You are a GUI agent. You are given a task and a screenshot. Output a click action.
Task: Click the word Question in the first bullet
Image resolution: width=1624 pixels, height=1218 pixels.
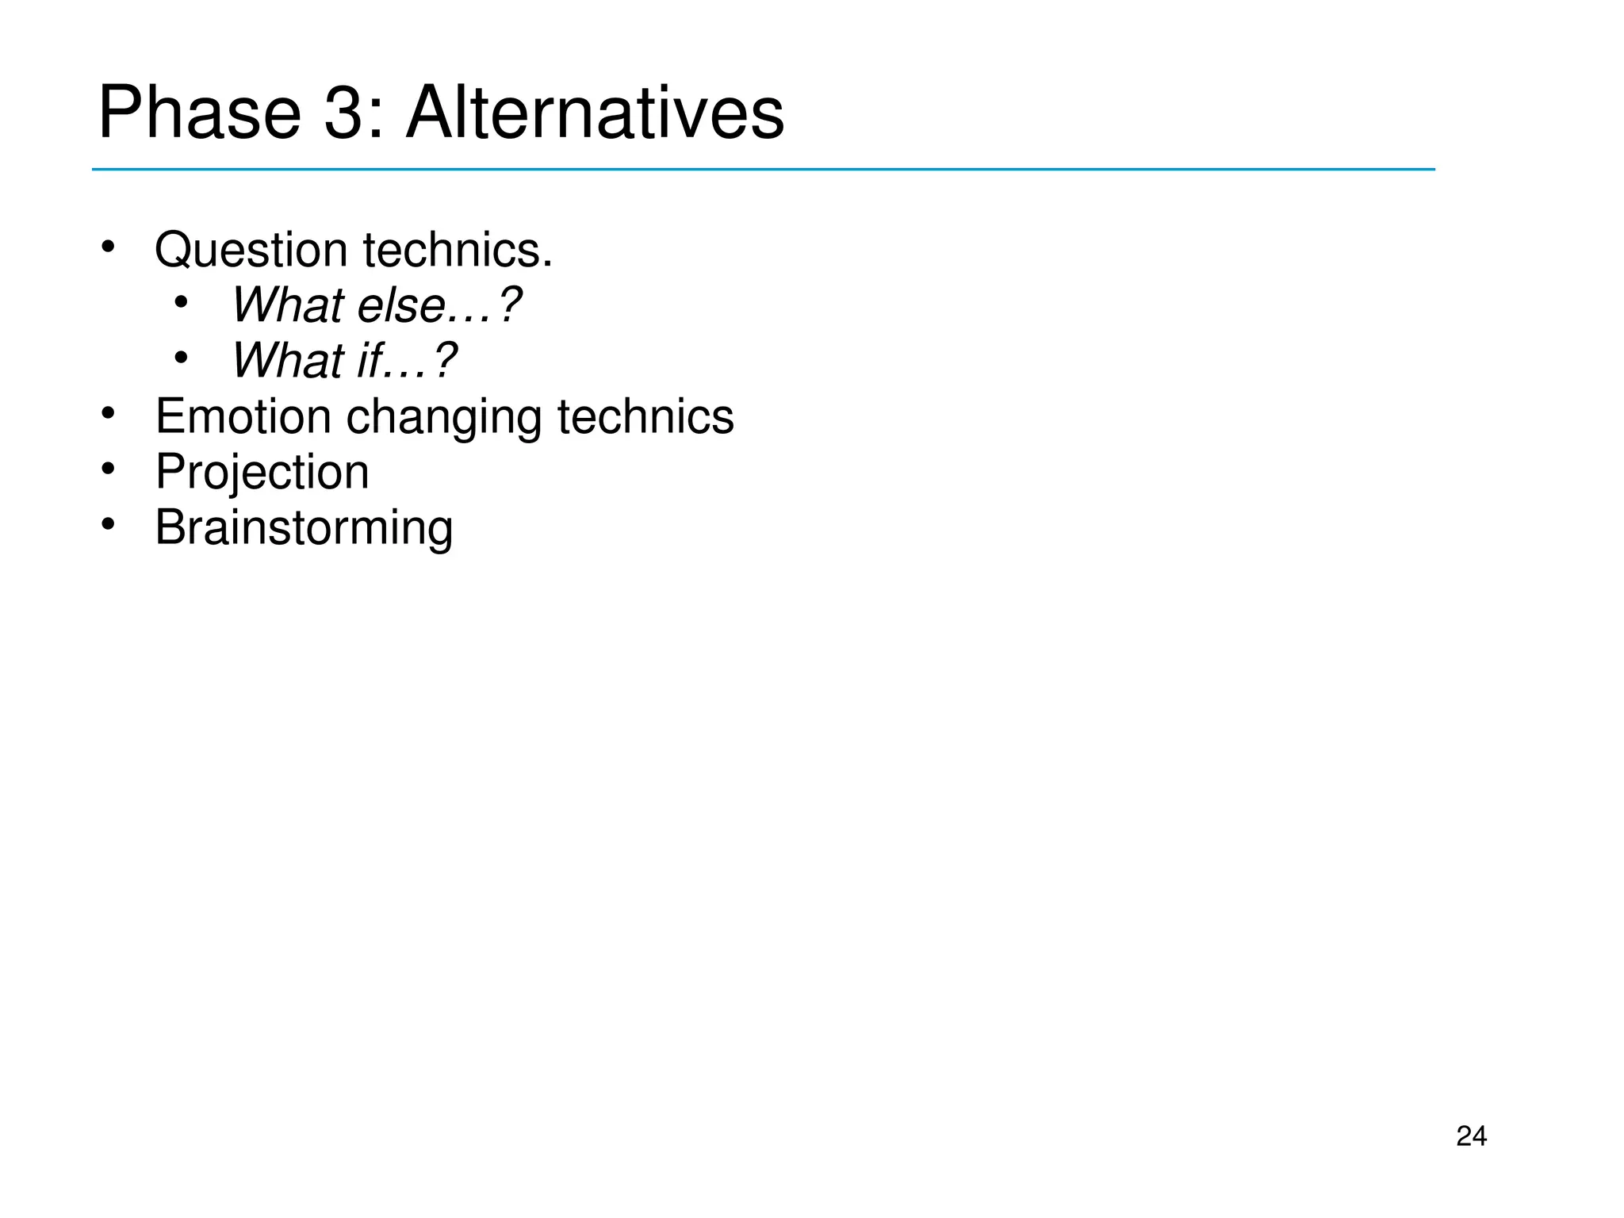click(x=251, y=251)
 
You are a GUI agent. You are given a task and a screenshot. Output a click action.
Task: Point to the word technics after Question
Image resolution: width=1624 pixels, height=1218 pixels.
click(x=457, y=251)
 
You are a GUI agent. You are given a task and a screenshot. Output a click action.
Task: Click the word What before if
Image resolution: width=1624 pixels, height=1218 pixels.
click(x=287, y=361)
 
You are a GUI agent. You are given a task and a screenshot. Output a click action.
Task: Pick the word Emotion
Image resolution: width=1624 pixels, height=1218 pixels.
click(x=243, y=416)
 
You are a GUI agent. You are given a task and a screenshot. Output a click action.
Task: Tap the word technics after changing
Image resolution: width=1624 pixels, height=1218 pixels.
click(x=645, y=416)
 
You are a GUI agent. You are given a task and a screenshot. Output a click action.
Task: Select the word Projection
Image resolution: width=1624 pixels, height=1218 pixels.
click(x=262, y=473)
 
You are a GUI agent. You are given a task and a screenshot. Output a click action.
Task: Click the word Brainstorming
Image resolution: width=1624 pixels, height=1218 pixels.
click(x=304, y=528)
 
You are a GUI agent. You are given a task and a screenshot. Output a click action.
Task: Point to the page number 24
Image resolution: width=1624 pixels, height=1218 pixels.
click(x=1471, y=1136)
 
